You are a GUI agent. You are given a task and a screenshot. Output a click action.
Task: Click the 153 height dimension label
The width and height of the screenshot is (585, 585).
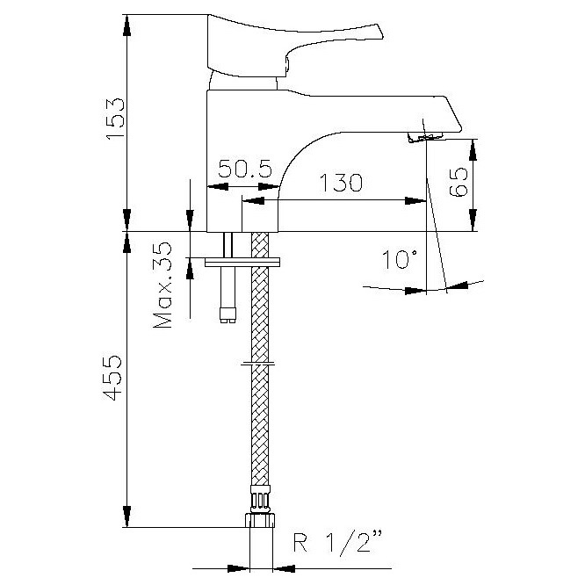(114, 119)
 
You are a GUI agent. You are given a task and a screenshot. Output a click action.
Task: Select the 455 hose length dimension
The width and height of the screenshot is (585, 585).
(112, 378)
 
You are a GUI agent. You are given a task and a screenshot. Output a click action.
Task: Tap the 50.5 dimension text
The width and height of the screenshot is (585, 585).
(245, 169)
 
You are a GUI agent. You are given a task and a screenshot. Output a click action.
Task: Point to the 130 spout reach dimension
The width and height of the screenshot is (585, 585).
(341, 183)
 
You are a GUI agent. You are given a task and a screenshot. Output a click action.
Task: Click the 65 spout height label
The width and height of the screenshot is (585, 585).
(459, 182)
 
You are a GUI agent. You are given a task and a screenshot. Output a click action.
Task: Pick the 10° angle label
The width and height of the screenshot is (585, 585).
(399, 259)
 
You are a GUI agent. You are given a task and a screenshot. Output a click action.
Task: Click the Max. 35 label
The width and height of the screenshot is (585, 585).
(162, 285)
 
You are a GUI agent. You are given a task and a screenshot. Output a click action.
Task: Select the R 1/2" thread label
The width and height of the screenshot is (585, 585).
(338, 543)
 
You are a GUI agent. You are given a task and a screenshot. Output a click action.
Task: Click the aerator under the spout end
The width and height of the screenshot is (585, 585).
(425, 137)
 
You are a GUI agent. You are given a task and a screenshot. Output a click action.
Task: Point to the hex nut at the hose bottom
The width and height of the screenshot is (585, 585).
(260, 520)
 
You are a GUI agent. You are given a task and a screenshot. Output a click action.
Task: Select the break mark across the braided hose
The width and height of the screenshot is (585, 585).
(257, 363)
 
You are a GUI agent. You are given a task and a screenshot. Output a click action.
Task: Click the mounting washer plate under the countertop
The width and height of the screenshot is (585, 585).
(242, 262)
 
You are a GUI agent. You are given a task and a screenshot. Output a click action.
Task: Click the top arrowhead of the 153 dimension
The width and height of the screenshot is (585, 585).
(127, 25)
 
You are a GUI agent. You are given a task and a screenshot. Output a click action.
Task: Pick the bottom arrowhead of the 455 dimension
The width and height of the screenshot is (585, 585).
(126, 516)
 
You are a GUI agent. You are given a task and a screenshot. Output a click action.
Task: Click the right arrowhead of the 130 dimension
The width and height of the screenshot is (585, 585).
(415, 201)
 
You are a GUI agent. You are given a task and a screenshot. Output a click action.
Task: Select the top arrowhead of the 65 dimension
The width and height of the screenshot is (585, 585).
(473, 150)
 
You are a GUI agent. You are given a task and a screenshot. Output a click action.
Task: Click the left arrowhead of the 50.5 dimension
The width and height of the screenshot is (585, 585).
(218, 186)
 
